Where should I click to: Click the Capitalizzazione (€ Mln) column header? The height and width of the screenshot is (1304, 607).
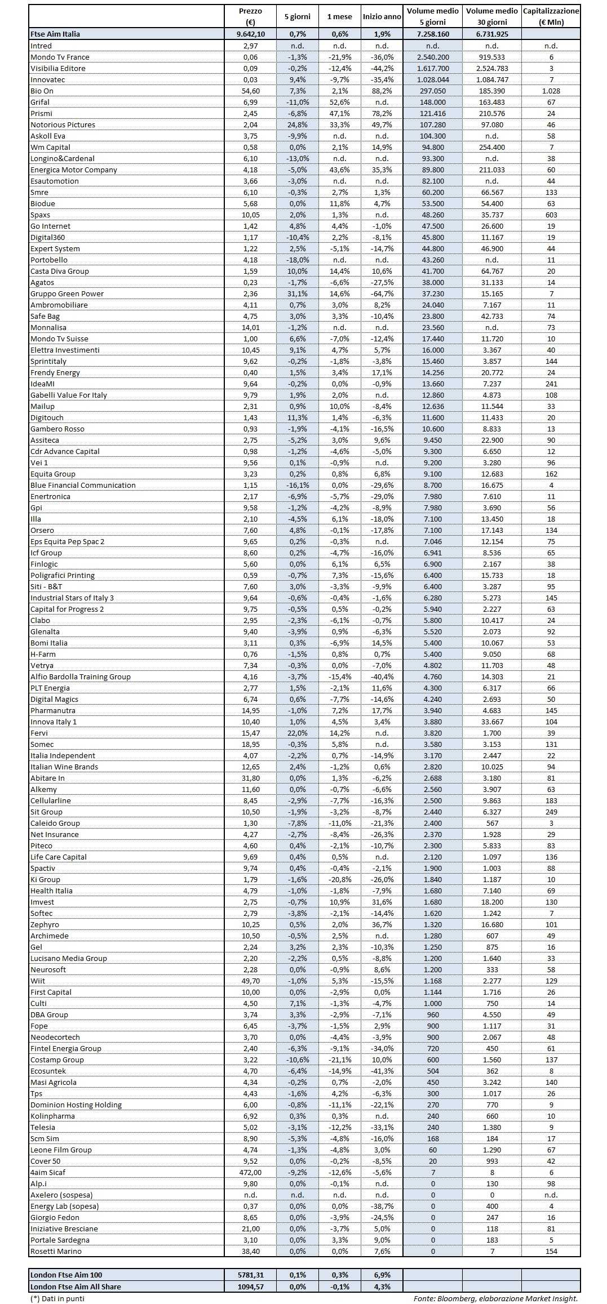click(x=551, y=16)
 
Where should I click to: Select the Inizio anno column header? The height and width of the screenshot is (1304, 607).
click(x=382, y=16)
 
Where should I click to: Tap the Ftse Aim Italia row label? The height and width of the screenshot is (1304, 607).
click(x=55, y=34)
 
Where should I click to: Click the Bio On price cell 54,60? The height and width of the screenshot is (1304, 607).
click(x=250, y=91)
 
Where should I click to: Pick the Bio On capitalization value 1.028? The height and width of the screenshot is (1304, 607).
click(x=551, y=91)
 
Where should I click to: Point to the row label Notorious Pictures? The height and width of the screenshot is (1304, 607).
click(x=63, y=124)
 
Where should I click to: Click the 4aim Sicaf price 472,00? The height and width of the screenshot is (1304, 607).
click(x=250, y=1172)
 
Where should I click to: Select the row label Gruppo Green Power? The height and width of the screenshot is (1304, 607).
click(x=67, y=293)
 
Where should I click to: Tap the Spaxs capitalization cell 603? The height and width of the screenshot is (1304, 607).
click(x=551, y=215)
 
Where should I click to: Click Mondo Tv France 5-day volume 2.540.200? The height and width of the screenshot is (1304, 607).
click(x=432, y=57)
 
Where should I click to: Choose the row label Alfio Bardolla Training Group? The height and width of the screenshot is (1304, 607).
click(x=81, y=677)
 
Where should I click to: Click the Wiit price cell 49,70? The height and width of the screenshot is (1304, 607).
click(x=250, y=981)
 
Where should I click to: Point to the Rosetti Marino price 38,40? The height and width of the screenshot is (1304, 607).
click(x=250, y=1251)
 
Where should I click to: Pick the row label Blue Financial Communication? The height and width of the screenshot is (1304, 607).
click(x=83, y=485)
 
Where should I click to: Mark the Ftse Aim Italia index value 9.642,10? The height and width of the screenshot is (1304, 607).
click(x=250, y=34)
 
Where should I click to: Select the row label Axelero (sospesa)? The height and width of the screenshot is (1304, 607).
click(x=61, y=1195)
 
